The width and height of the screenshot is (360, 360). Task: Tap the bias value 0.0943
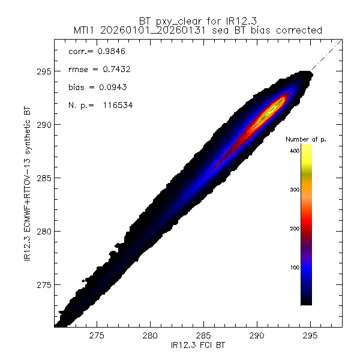pyautogui.click(x=113, y=87)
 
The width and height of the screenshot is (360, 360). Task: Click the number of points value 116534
pyautogui.click(x=116, y=105)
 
